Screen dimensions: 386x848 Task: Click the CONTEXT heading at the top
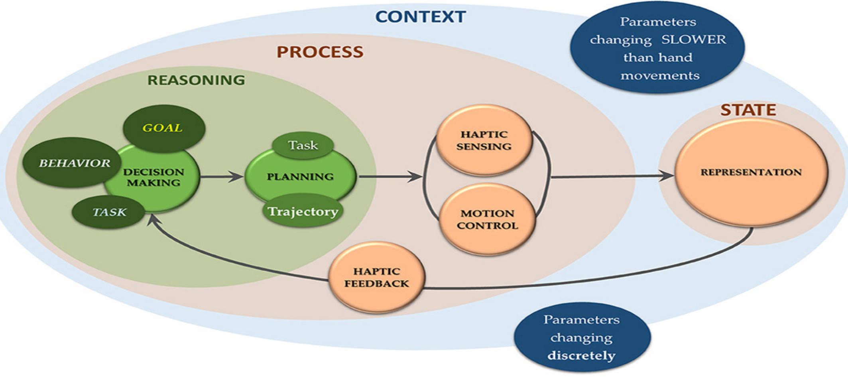pyautogui.click(x=420, y=17)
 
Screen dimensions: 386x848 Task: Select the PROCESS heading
pyautogui.click(x=320, y=52)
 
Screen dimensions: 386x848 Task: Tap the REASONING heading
pyautogui.click(x=196, y=80)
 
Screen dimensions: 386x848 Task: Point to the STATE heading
pyautogui.click(x=748, y=110)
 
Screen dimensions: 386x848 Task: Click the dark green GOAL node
pyautogui.click(x=163, y=128)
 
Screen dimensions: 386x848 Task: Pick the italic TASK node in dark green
pyautogui.click(x=109, y=212)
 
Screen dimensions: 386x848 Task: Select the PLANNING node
pyautogui.click(x=300, y=177)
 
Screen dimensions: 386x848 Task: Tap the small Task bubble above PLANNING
pyautogui.click(x=303, y=146)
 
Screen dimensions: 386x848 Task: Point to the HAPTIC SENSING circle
pyautogui.click(x=484, y=140)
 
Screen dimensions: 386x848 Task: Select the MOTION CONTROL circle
pyautogui.click(x=487, y=219)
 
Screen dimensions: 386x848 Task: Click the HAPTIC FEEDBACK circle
pyautogui.click(x=377, y=278)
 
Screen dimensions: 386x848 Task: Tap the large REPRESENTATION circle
pyautogui.click(x=751, y=173)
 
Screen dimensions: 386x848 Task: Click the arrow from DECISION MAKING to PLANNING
pyautogui.click(x=221, y=177)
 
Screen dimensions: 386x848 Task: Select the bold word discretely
pyautogui.click(x=581, y=355)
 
